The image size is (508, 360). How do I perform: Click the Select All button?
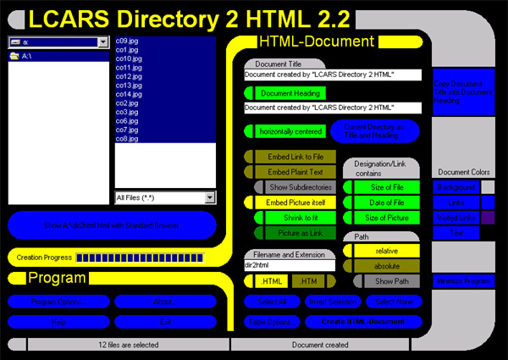click(x=271, y=302)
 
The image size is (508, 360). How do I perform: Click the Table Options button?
click(x=271, y=322)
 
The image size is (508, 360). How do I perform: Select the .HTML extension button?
click(x=270, y=280)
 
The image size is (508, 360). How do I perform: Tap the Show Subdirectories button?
click(x=300, y=186)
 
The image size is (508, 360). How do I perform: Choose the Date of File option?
click(x=387, y=202)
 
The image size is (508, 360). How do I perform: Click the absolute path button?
click(x=387, y=265)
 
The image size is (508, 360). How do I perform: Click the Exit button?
click(x=165, y=322)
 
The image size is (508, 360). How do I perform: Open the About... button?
click(x=165, y=302)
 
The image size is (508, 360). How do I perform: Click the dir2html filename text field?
click(x=290, y=265)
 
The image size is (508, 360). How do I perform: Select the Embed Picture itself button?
click(x=294, y=202)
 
